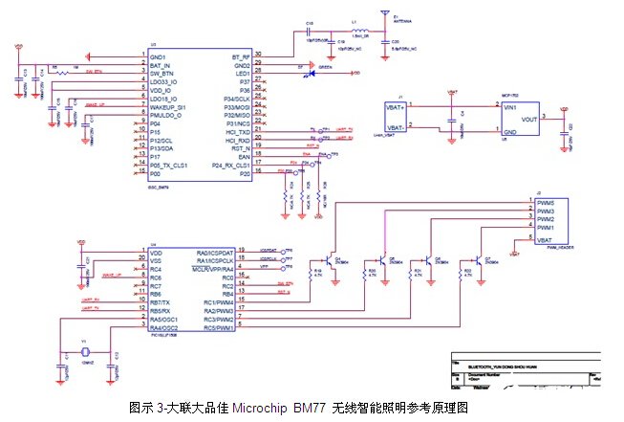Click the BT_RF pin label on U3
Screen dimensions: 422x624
click(x=240, y=57)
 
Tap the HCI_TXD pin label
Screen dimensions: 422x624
click(x=236, y=132)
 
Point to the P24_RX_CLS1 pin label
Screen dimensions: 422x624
click(x=230, y=165)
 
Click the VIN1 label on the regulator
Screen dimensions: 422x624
click(x=511, y=107)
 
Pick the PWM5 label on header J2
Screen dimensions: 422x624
click(x=546, y=201)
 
